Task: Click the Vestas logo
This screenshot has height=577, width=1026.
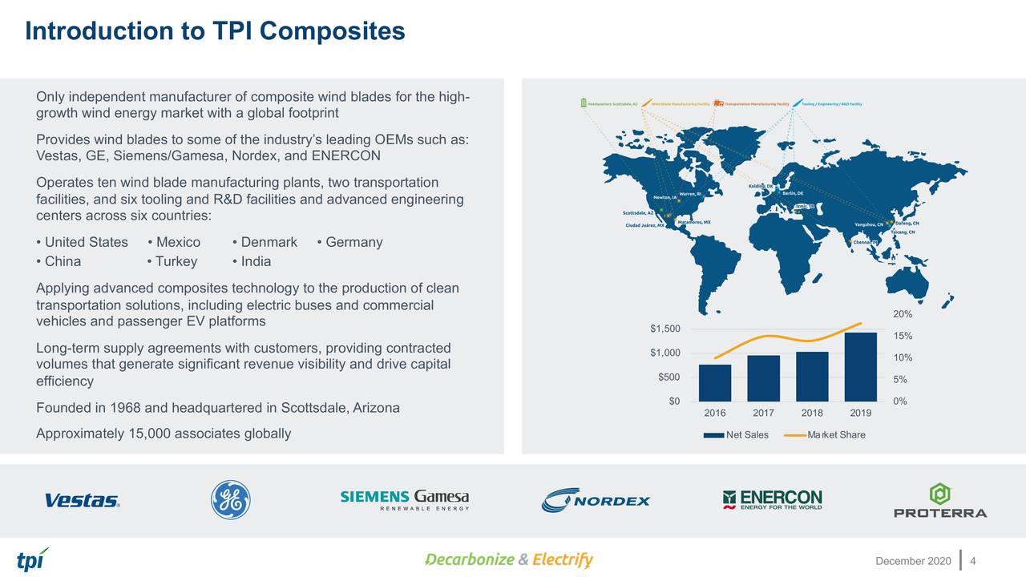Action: [83, 501]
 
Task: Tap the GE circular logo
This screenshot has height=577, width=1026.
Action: [230, 500]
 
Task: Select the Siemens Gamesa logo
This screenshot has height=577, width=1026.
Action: [405, 500]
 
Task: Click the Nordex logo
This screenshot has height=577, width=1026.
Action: [596, 500]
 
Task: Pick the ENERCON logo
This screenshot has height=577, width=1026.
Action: [772, 500]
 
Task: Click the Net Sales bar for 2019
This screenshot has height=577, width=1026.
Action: [860, 366]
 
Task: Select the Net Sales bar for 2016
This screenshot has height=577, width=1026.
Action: [715, 382]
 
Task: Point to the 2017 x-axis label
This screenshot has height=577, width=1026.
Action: [763, 414]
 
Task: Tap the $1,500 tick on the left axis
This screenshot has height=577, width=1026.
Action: [665, 329]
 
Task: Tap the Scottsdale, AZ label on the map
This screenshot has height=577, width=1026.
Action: [638, 212]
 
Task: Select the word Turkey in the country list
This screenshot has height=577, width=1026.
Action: [176, 261]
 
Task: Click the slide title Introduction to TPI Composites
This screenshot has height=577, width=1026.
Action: [215, 31]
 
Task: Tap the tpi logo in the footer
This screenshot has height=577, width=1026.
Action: [32, 559]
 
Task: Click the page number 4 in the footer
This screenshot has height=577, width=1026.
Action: [973, 559]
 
